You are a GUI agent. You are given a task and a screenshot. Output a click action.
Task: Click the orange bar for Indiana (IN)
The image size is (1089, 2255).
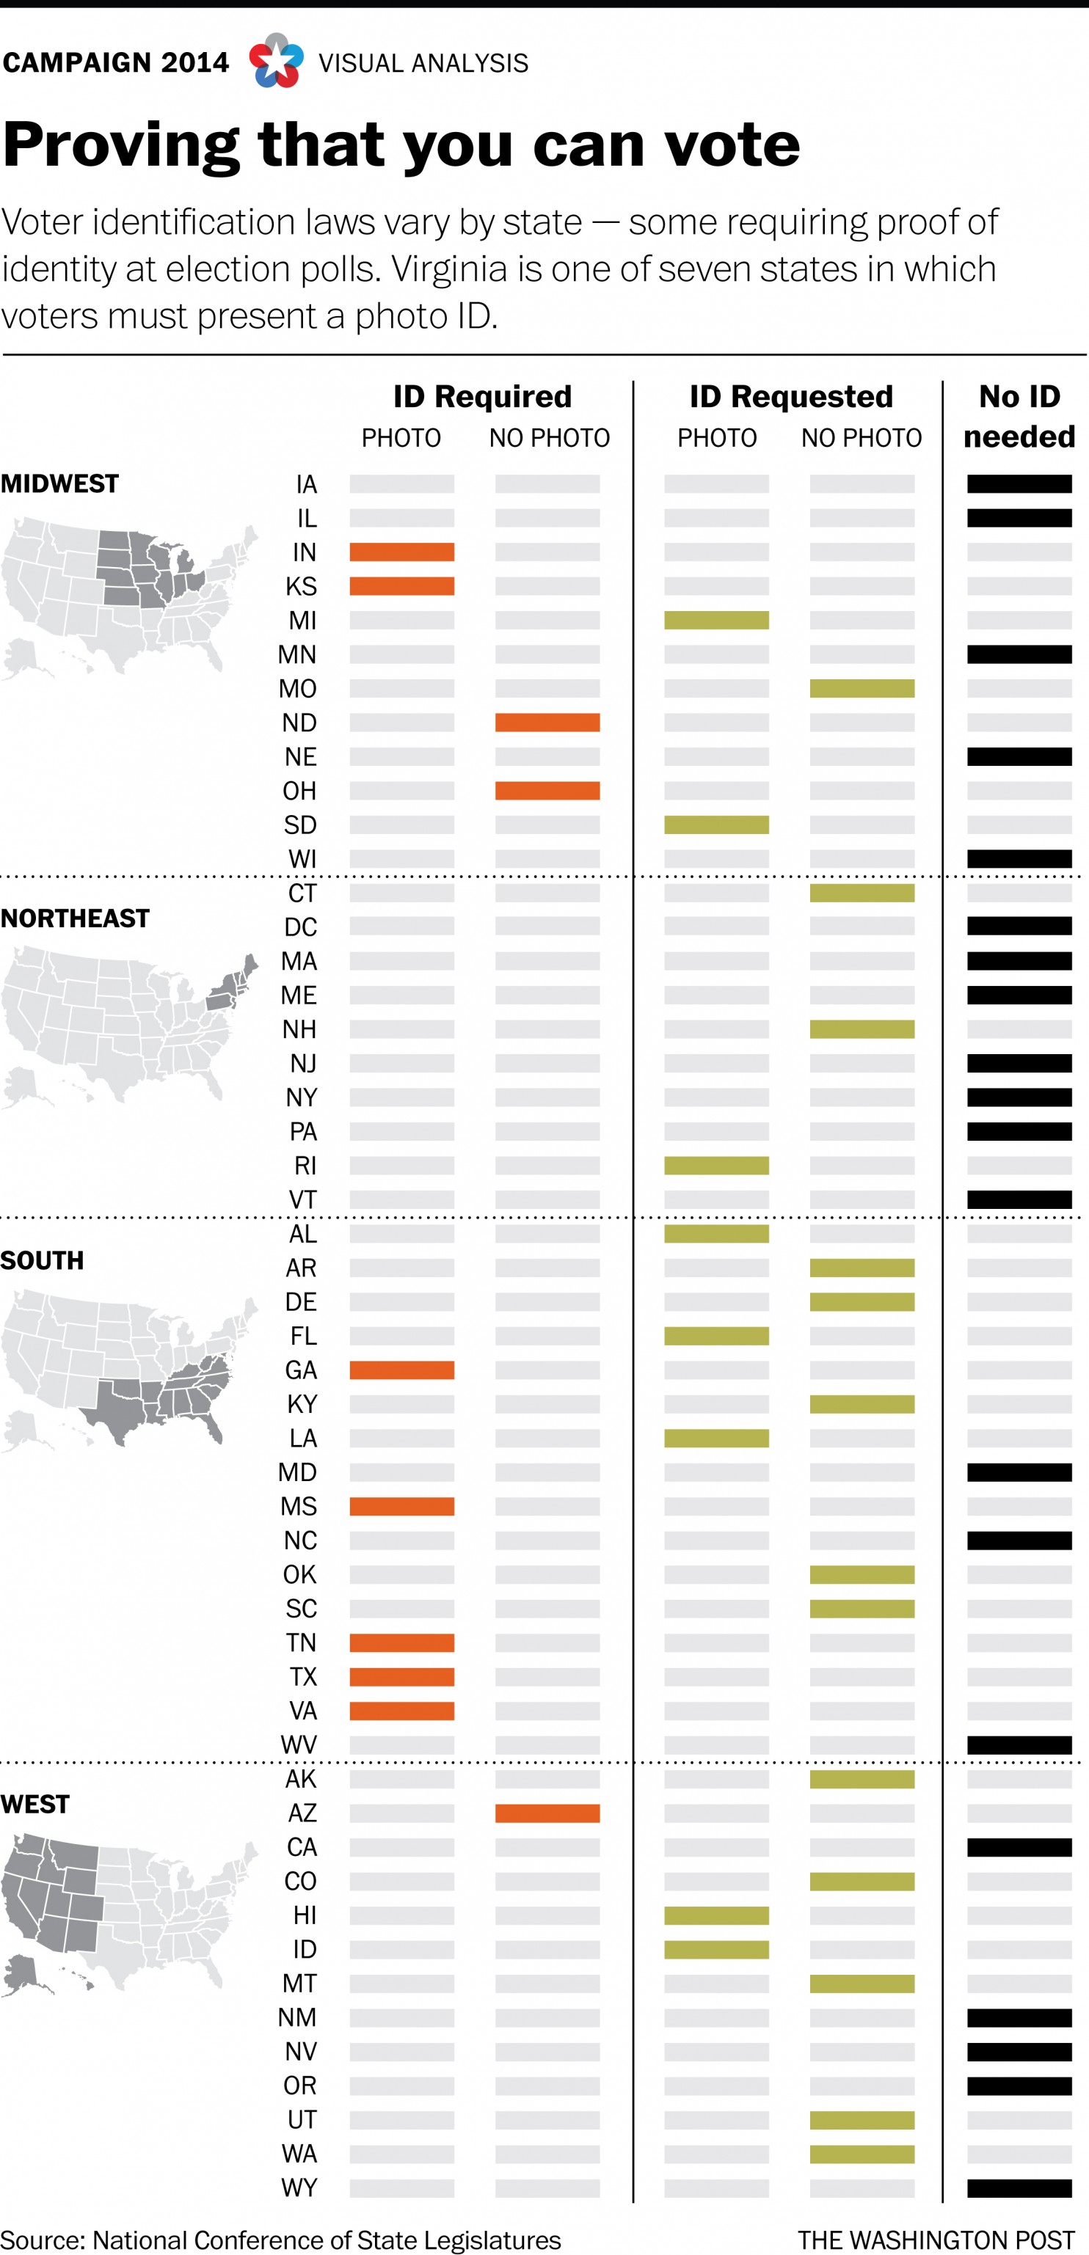[402, 552]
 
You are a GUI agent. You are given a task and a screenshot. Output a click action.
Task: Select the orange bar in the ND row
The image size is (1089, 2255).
[547, 722]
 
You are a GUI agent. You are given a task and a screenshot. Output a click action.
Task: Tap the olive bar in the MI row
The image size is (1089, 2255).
[716, 620]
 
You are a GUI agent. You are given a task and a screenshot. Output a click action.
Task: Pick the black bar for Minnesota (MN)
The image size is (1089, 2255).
[1019, 654]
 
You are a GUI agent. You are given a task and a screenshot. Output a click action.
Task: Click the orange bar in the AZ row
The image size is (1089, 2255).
[547, 1812]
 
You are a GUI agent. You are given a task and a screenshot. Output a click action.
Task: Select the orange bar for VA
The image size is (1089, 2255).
[402, 1710]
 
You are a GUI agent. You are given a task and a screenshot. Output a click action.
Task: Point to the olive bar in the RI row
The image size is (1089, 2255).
[716, 1165]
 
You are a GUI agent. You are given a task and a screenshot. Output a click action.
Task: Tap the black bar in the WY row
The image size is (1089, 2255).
[1019, 2188]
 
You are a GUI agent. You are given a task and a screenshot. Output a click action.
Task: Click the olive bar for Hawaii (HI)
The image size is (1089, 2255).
[716, 1915]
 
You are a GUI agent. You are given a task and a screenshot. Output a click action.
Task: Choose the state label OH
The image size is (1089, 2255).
[299, 791]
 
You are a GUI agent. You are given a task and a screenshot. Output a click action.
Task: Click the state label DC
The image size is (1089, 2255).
[300, 927]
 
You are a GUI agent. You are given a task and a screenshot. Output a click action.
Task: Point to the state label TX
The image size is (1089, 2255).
[303, 1676]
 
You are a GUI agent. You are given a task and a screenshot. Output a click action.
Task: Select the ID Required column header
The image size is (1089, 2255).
[481, 397]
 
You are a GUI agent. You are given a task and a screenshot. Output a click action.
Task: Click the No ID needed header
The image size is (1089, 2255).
[1019, 416]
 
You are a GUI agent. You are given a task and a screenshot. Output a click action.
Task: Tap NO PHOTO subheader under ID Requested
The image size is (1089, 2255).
[862, 438]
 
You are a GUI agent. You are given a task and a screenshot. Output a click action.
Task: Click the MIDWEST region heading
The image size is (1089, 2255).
[59, 483]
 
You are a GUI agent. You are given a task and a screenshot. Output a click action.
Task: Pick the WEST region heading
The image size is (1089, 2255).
[35, 1804]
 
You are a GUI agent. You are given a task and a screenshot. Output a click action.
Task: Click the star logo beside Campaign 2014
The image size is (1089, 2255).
[277, 62]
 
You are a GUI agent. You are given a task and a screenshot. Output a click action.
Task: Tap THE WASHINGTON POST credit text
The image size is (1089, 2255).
[935, 2240]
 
